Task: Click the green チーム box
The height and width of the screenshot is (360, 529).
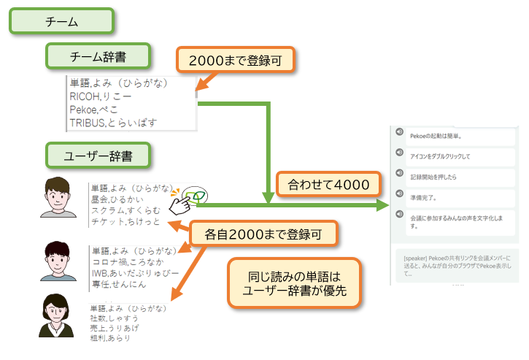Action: pyautogui.click(x=61, y=21)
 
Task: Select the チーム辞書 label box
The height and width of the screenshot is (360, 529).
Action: pyautogui.click(x=99, y=56)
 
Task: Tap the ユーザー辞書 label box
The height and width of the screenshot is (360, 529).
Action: pyautogui.click(x=99, y=155)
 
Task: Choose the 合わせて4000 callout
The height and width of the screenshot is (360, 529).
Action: pyautogui.click(x=328, y=184)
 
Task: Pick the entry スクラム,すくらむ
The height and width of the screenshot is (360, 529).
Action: pyautogui.click(x=126, y=211)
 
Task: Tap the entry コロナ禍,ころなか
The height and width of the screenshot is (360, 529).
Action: pyautogui.click(x=127, y=261)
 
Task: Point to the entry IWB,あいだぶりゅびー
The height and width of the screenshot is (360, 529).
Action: pyautogui.click(x=134, y=273)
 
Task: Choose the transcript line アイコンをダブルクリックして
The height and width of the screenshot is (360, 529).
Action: pyautogui.click(x=440, y=156)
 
